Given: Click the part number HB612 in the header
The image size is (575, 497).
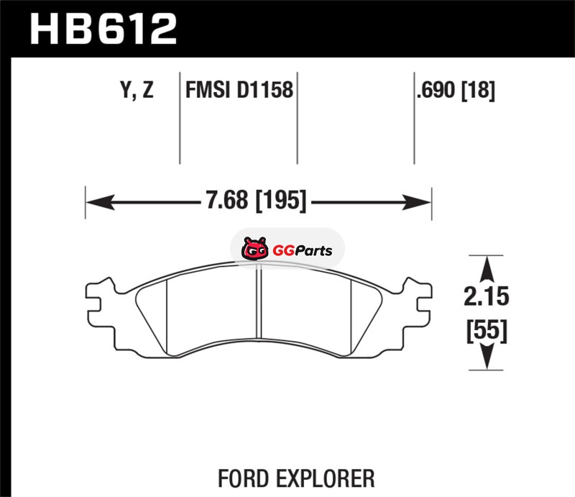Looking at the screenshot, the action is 103,29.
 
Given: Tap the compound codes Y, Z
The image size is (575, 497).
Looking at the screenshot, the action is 137,90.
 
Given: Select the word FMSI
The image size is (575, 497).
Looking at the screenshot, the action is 208,90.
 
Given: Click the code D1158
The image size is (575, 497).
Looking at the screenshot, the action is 264,90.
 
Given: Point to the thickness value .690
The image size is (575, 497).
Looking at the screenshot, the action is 436,90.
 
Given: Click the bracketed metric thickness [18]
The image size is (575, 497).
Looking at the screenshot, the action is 478,91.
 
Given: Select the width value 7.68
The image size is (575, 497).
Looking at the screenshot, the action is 226,201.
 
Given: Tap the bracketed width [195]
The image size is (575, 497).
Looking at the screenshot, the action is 280,201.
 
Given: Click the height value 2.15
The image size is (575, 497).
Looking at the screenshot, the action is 487,296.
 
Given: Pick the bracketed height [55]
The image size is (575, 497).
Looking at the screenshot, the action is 487,330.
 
